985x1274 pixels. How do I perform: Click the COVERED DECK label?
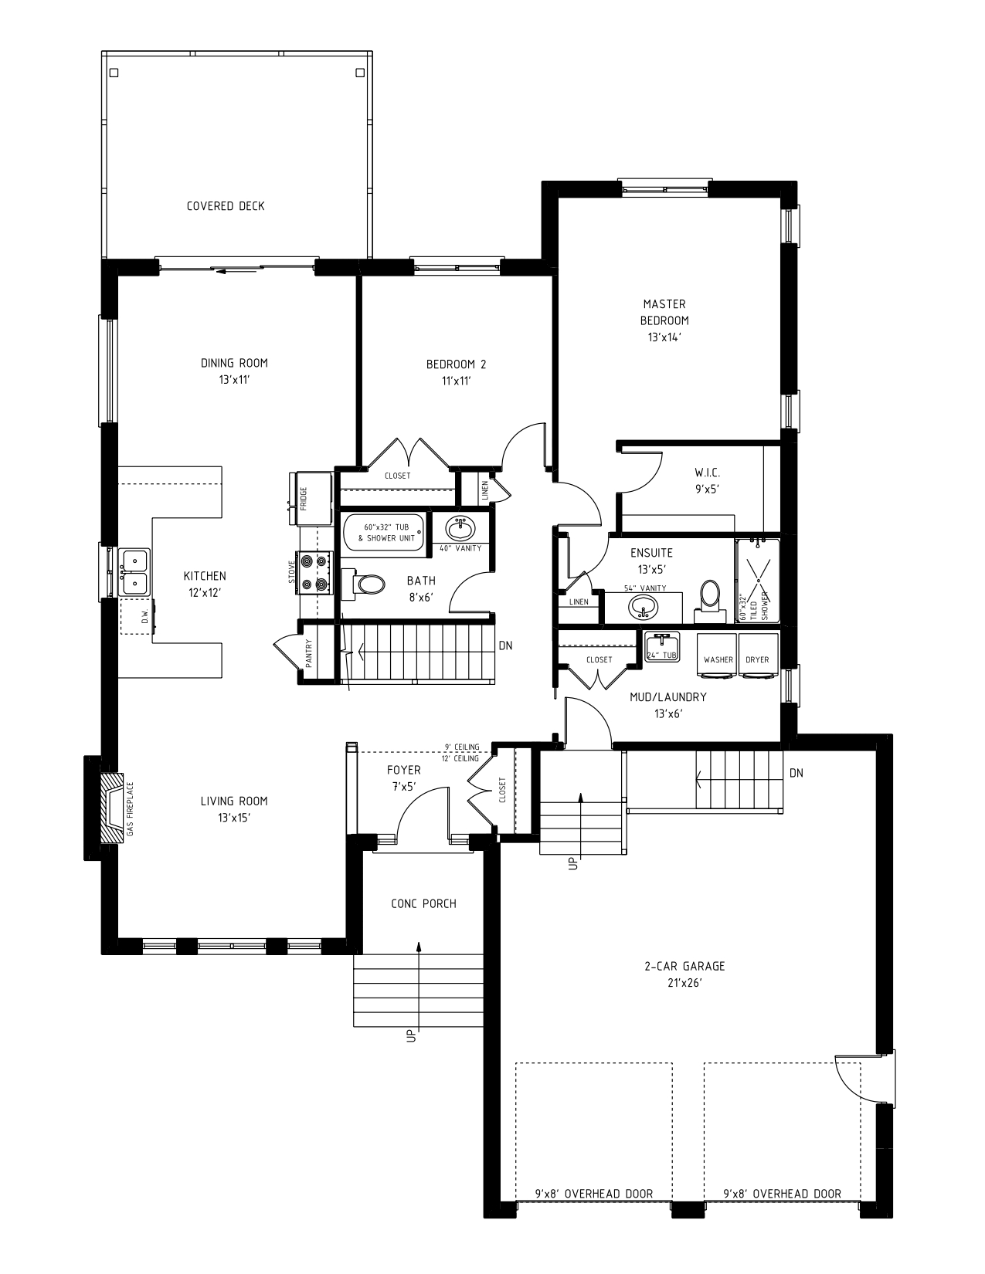click(226, 206)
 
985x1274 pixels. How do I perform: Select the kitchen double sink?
click(134, 571)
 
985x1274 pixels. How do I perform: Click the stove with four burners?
click(317, 573)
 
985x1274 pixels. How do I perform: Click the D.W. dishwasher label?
click(144, 617)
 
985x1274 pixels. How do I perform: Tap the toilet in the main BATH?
click(368, 584)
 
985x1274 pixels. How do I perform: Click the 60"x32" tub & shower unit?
click(384, 532)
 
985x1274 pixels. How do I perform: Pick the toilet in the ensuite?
click(708, 598)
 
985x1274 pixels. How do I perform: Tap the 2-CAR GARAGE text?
click(684, 966)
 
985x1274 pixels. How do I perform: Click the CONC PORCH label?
click(423, 903)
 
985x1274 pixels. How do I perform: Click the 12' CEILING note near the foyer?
click(460, 758)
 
